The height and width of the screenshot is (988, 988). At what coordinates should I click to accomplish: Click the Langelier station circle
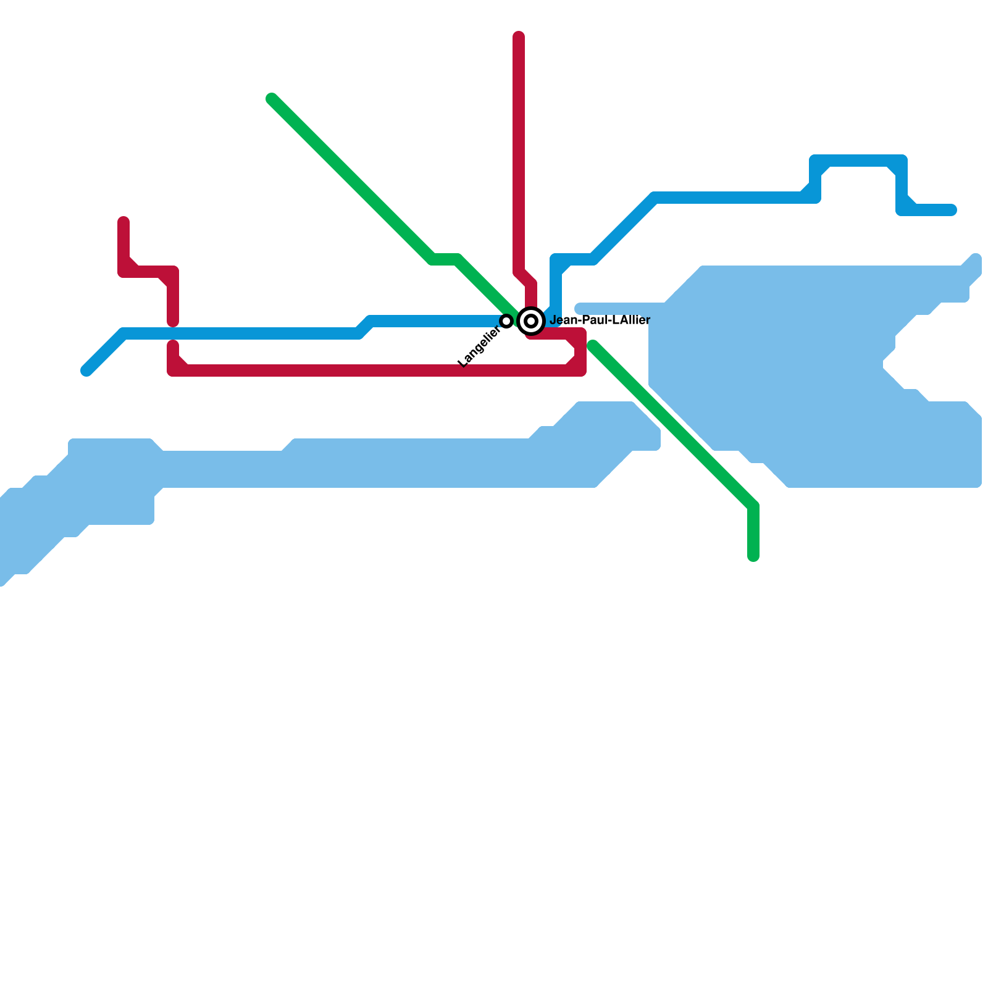(x=506, y=321)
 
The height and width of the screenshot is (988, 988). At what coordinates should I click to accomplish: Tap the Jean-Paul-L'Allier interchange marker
(x=531, y=321)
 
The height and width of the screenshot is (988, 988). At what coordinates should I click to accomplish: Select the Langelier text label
(x=479, y=347)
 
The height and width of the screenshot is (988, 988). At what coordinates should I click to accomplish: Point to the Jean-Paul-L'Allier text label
(x=600, y=320)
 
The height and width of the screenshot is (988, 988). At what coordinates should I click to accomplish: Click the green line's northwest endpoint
(x=272, y=99)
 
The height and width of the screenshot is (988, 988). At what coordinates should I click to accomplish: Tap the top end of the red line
(x=519, y=36)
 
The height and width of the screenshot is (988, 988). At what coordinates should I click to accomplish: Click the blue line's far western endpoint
(x=86, y=371)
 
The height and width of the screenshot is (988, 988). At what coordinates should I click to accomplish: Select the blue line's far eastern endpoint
(x=952, y=210)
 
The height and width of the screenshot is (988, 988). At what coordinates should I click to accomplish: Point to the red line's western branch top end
(x=124, y=221)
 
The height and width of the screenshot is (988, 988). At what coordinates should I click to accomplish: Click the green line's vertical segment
(x=753, y=531)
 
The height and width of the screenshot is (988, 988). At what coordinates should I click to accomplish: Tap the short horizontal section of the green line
(x=445, y=259)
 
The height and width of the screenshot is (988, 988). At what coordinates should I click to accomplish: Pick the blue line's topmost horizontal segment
(x=858, y=161)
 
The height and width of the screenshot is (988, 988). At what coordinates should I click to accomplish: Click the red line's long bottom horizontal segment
(x=371, y=371)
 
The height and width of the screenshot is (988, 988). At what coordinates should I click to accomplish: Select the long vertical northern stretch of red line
(x=519, y=154)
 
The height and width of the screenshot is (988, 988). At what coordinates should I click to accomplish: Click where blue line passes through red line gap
(x=173, y=333)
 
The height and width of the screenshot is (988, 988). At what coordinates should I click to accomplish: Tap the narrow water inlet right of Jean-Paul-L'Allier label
(x=617, y=308)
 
